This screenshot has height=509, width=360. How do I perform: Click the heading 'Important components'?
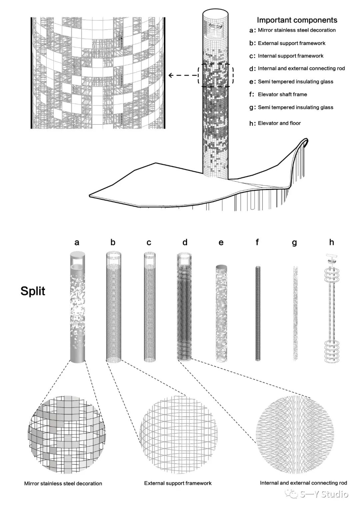297,20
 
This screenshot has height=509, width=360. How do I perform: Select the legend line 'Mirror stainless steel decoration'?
297,30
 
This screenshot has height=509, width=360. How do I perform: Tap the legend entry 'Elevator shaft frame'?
282,94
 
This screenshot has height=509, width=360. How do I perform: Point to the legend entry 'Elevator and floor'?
279,123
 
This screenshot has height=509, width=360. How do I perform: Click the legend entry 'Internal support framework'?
290,56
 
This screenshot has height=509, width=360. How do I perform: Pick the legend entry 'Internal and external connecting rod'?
301,68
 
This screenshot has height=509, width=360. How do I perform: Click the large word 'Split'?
33,291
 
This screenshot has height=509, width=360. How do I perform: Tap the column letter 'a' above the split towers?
77,243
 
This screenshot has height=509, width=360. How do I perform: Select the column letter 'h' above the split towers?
332,242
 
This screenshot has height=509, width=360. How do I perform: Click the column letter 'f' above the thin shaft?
257,242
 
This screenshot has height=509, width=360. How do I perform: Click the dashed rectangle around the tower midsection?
215,75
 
